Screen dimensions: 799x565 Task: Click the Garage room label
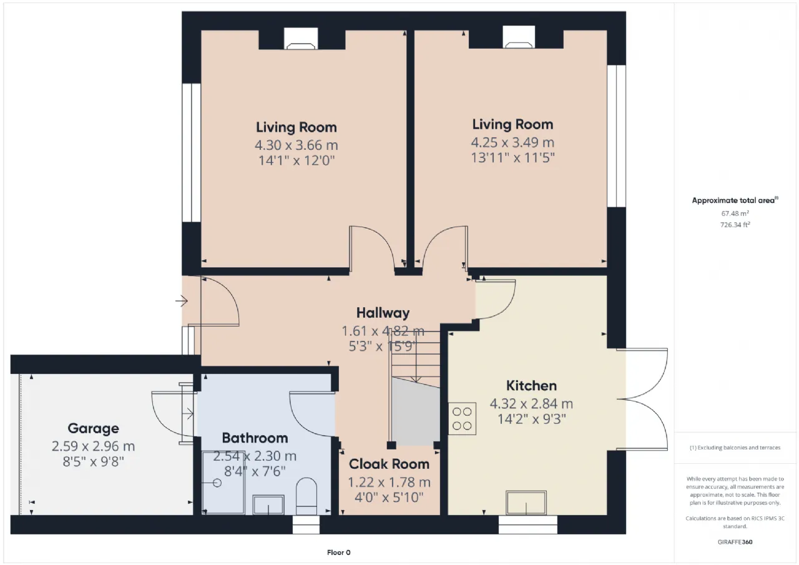pos(93,428)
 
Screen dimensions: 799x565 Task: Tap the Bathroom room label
pos(255,438)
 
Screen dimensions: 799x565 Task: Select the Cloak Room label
pos(389,464)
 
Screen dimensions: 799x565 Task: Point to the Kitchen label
pos(531,386)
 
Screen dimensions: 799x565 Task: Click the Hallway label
pos(383,313)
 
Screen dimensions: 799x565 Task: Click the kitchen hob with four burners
pos(462,418)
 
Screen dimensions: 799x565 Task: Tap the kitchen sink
pos(526,503)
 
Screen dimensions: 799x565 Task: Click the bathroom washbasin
pos(268,504)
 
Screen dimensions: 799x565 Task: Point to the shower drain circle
pos(217,483)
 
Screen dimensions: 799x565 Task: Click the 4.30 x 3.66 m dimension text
pos(296,145)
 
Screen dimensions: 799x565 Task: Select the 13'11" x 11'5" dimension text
pos(512,158)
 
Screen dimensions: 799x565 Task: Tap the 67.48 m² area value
pos(735,214)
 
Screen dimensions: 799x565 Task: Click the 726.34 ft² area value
pos(735,225)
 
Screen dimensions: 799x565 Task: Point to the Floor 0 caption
pos(338,553)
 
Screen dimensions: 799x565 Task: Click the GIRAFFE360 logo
pos(735,542)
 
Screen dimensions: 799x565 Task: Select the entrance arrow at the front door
pos(182,301)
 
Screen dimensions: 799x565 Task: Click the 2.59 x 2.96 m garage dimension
pos(93,446)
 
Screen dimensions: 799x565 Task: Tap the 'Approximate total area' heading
pos(735,200)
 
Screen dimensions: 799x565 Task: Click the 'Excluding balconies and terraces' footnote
pos(735,448)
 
